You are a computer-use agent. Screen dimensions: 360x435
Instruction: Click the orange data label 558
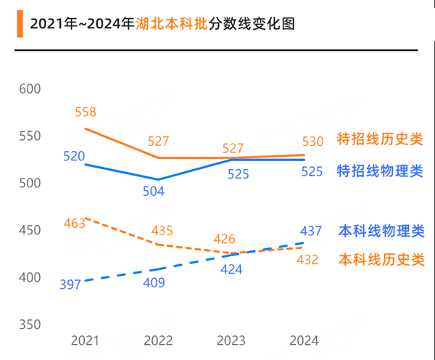tap(85, 112)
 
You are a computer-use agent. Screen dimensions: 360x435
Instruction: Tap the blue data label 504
tap(154, 192)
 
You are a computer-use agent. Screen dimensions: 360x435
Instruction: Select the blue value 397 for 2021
tap(70, 284)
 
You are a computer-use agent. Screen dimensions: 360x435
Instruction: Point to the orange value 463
tap(74, 224)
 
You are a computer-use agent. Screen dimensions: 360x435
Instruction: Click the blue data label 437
tap(310, 232)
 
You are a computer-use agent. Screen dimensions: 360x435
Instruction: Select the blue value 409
tap(154, 282)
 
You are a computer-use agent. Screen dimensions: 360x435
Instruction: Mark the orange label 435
tap(162, 231)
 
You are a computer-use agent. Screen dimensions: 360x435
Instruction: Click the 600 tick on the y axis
tap(29, 89)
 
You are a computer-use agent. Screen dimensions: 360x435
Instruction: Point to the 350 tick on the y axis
tap(29, 325)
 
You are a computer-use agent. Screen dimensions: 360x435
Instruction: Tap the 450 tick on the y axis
tap(29, 231)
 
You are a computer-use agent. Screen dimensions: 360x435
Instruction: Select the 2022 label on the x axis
tap(159, 341)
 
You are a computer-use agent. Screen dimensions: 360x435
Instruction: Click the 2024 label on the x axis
tap(304, 341)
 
